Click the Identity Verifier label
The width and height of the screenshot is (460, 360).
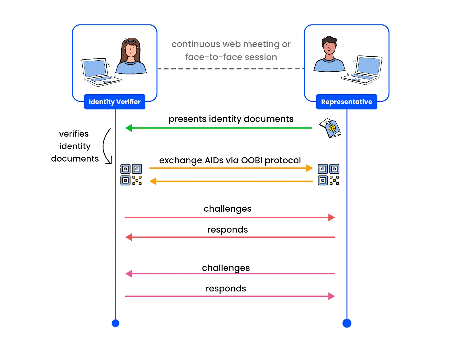[x=114, y=102]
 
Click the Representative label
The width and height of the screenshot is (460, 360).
[x=346, y=102]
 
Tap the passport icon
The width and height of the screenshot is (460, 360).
[x=331, y=128]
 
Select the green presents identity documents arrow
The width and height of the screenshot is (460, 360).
[x=218, y=128]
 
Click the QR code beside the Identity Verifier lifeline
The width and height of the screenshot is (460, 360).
[x=131, y=175]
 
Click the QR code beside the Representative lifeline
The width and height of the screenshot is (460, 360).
[x=328, y=175]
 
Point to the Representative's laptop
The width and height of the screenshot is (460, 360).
[x=364, y=70]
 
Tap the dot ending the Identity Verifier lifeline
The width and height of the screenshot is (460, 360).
[x=115, y=323]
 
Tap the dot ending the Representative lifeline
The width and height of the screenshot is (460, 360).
[x=347, y=323]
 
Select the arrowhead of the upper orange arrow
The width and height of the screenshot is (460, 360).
[x=309, y=168]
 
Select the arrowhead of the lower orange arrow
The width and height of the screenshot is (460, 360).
[x=153, y=181]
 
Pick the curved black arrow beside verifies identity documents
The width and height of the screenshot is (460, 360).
[x=106, y=147]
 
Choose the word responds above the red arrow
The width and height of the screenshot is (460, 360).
[x=227, y=230]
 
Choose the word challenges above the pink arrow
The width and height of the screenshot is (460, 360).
[x=226, y=268]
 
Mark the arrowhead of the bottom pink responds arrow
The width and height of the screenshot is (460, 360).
[x=331, y=296]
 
